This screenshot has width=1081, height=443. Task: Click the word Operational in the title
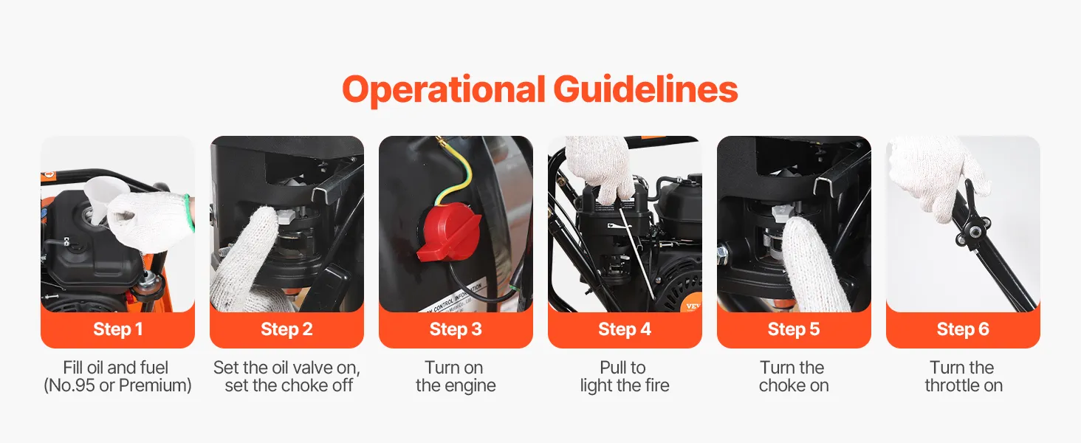click(444, 90)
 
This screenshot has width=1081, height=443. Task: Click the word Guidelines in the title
click(645, 89)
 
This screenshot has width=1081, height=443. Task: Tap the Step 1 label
click(117, 329)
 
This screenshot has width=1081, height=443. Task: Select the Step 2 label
click(286, 329)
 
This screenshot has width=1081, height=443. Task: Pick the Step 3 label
click(456, 329)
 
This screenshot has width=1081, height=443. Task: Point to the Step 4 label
click(625, 329)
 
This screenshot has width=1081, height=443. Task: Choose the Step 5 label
click(793, 329)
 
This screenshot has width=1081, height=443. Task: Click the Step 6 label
click(963, 329)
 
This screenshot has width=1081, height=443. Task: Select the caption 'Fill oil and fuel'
click(116, 368)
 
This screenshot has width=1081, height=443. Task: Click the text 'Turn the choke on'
click(793, 377)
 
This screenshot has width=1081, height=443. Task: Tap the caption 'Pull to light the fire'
click(625, 377)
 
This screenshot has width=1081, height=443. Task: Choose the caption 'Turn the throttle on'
click(964, 377)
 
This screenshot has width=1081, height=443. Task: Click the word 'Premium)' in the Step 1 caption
click(155, 385)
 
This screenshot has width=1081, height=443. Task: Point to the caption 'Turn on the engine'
click(456, 377)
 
